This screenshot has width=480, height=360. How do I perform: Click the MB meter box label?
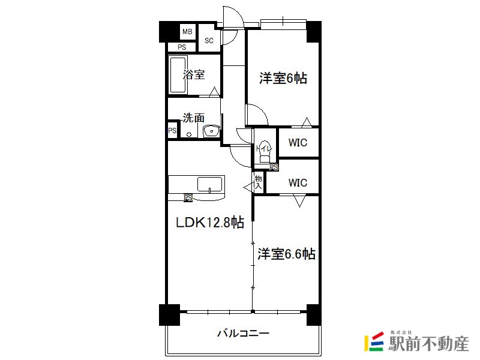pyautogui.click(x=187, y=32)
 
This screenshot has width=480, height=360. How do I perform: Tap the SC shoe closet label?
pyautogui.click(x=209, y=40)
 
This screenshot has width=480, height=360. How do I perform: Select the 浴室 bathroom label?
pyautogui.click(x=194, y=74)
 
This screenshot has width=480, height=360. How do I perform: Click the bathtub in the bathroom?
pyautogui.click(x=178, y=74)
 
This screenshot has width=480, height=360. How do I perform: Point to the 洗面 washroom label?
pyautogui.click(x=193, y=118)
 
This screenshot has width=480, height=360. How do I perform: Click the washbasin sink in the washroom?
pyautogui.click(x=211, y=131)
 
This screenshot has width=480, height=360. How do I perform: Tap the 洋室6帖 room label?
pyautogui.click(x=283, y=78)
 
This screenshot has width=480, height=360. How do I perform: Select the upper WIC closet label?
pyautogui.click(x=298, y=142)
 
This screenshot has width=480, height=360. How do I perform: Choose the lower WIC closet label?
pyautogui.click(x=298, y=183)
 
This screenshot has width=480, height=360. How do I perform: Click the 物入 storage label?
pyautogui.click(x=259, y=182)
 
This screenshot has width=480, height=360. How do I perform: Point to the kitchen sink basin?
pyautogui.click(x=209, y=184)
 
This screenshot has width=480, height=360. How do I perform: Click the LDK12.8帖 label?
pyautogui.click(x=210, y=222)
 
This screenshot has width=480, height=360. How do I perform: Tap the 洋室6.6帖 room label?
pyautogui.click(x=286, y=254)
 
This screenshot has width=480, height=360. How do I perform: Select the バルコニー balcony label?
pyautogui.click(x=244, y=333)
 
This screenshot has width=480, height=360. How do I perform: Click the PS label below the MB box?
pyautogui.click(x=182, y=47)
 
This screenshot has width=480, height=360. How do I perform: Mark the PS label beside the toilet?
pyautogui.click(x=274, y=167)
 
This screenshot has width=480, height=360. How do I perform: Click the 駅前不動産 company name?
pyautogui.click(x=428, y=343)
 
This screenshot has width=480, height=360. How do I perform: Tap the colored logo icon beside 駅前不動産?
pyautogui.click(x=374, y=341)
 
